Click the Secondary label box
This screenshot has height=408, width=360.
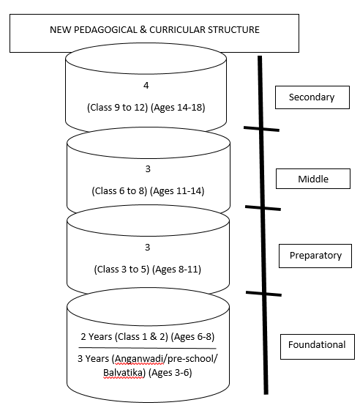click(x=312, y=97)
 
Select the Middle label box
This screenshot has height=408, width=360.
click(x=313, y=179)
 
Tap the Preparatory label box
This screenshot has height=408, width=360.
click(x=315, y=256)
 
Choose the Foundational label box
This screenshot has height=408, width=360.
click(x=318, y=346)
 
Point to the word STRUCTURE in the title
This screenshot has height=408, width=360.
click(x=233, y=29)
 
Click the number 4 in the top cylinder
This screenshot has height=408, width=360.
click(x=146, y=86)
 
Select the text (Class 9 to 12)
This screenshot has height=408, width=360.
click(x=118, y=107)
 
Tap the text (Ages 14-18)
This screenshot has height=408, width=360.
click(x=178, y=107)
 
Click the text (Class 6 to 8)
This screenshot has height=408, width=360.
click(x=119, y=191)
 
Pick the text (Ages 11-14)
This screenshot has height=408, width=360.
click(x=177, y=191)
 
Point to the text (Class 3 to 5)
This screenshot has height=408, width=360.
click(x=121, y=270)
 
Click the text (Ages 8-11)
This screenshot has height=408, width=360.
click(x=176, y=270)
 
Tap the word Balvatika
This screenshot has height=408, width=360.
click(x=124, y=373)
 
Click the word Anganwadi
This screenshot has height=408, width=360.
click(x=138, y=359)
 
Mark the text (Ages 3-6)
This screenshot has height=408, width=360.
click(x=170, y=373)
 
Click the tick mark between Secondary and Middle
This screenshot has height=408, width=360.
click(x=261, y=129)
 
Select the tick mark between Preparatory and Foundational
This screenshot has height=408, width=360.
click(x=264, y=294)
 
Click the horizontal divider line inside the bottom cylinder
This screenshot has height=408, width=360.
click(x=147, y=348)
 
